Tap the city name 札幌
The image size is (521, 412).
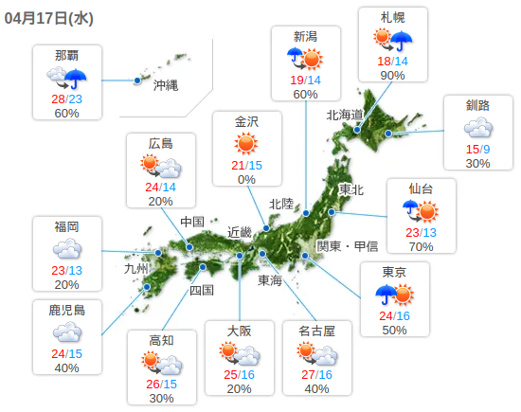pos(393,18)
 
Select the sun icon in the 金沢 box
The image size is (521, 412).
pos(246,143)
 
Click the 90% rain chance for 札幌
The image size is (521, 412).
pos(393,76)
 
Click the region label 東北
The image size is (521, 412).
pos(351,189)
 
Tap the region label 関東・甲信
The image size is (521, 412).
pos(347,246)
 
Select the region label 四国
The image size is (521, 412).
pos(202,290)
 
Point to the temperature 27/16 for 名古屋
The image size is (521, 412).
pos(317,374)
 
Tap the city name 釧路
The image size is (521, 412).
pos(477,105)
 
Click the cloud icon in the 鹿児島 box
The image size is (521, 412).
pos(66,332)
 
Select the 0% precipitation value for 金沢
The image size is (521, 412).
pos(246,179)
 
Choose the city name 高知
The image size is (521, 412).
pos(161,341)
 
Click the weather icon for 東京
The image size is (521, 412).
pos(394,295)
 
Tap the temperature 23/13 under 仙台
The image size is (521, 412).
pos(421,232)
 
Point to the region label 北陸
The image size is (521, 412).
pos(281,204)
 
